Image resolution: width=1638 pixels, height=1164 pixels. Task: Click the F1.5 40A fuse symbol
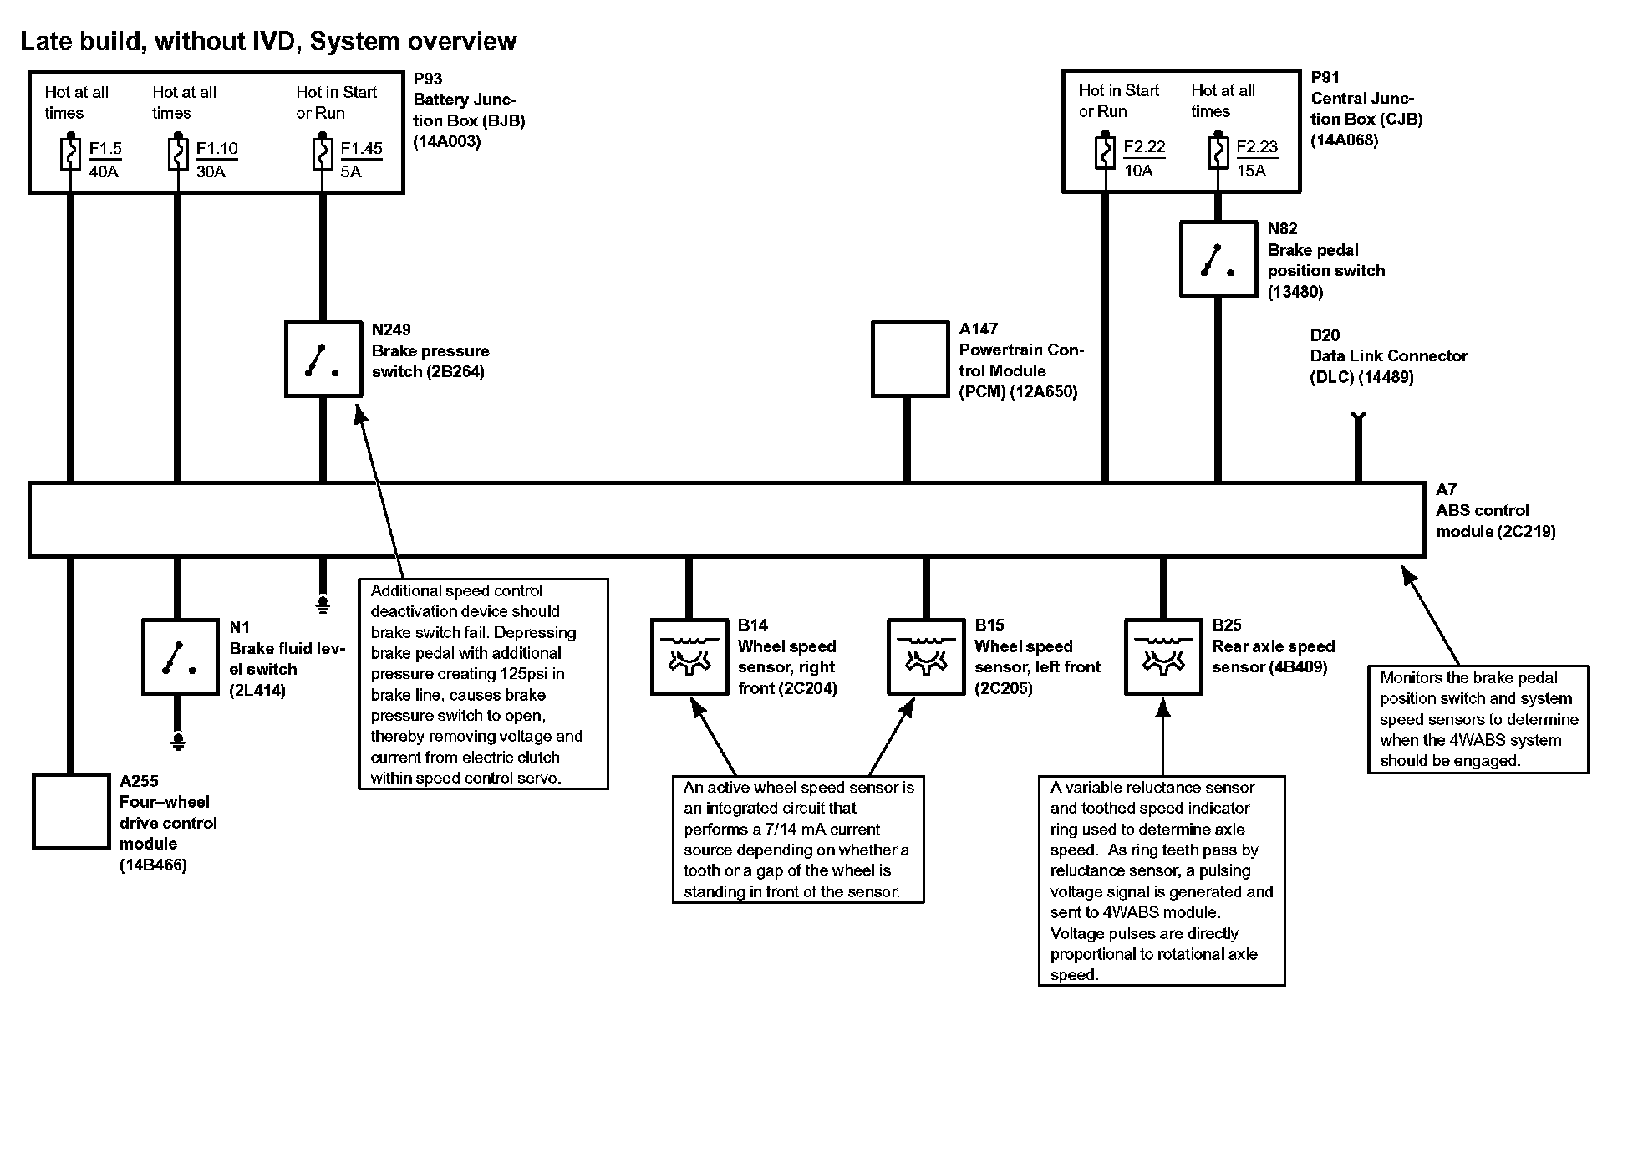coord(70,155)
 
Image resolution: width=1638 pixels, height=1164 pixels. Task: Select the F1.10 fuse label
coord(216,149)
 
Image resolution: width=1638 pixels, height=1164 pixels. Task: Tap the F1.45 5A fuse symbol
coord(323,155)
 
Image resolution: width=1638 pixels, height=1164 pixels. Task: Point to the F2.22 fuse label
coord(1144,147)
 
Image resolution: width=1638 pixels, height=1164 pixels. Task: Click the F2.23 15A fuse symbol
coord(1218,153)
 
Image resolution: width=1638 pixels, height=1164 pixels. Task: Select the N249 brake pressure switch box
coord(323,359)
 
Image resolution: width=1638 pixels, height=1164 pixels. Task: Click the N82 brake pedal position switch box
coord(1218,258)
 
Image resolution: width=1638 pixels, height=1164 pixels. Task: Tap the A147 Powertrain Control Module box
coord(909,359)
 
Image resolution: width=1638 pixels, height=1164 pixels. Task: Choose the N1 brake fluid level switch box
coord(180,656)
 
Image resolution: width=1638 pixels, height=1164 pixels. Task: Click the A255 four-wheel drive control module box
coord(71,811)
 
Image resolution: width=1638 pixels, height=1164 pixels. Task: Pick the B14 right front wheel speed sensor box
coord(689,656)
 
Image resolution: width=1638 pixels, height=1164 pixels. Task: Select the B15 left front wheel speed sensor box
coord(925,656)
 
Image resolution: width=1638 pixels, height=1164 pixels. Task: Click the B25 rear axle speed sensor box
coord(1162,656)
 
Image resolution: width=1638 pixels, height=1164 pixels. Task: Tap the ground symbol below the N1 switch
coord(178,741)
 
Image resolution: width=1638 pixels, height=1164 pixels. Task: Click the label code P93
coord(428,79)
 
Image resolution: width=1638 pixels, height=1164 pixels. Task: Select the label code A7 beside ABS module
coord(1446,490)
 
